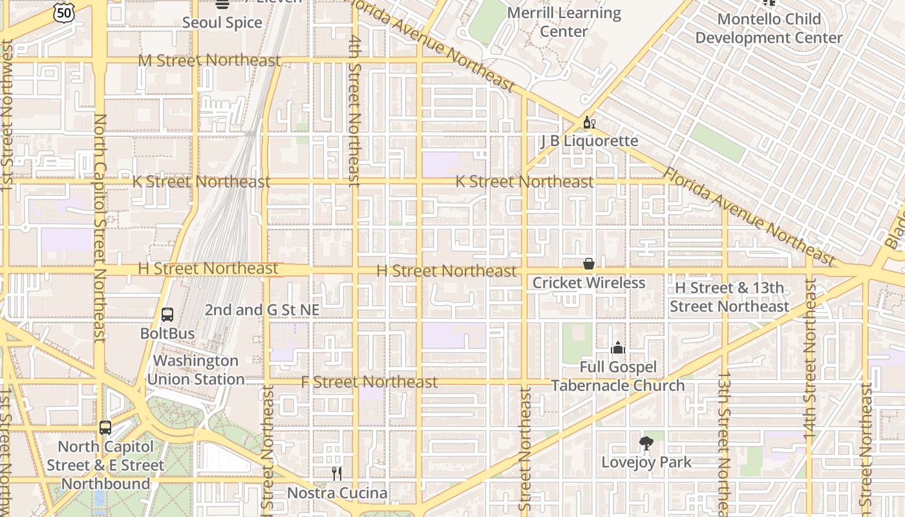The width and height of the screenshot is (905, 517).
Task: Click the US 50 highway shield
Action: pyautogui.click(x=65, y=12)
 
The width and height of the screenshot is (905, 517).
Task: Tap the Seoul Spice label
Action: pyautogui.click(x=222, y=23)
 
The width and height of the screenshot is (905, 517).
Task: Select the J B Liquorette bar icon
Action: pyautogui.click(x=589, y=122)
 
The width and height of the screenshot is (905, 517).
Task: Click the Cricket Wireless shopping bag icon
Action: pyautogui.click(x=589, y=264)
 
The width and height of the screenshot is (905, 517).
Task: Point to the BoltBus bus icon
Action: pyautogui.click(x=167, y=315)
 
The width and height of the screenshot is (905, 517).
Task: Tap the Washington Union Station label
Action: pyautogui.click(x=195, y=370)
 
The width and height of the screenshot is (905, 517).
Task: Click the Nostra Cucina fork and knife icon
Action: pyautogui.click(x=337, y=474)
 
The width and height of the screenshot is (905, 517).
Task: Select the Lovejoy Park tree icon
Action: pyautogui.click(x=646, y=443)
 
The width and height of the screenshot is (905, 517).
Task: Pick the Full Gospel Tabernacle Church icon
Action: pyautogui.click(x=618, y=348)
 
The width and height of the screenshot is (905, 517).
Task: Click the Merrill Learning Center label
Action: pyautogui.click(x=564, y=22)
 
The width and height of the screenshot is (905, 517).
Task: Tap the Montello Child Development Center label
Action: pyautogui.click(x=769, y=28)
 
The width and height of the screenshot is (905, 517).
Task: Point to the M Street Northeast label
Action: pyautogui.click(x=209, y=61)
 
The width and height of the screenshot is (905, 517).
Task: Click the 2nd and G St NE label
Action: pyautogui.click(x=262, y=310)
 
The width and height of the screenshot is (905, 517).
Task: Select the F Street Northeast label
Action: pyautogui.click(x=369, y=382)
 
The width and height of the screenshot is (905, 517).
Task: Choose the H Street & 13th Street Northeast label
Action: pyautogui.click(x=729, y=297)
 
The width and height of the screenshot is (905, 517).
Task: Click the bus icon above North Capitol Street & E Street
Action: pyautogui.click(x=105, y=428)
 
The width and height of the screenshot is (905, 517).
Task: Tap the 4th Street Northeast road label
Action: pyautogui.click(x=354, y=110)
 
